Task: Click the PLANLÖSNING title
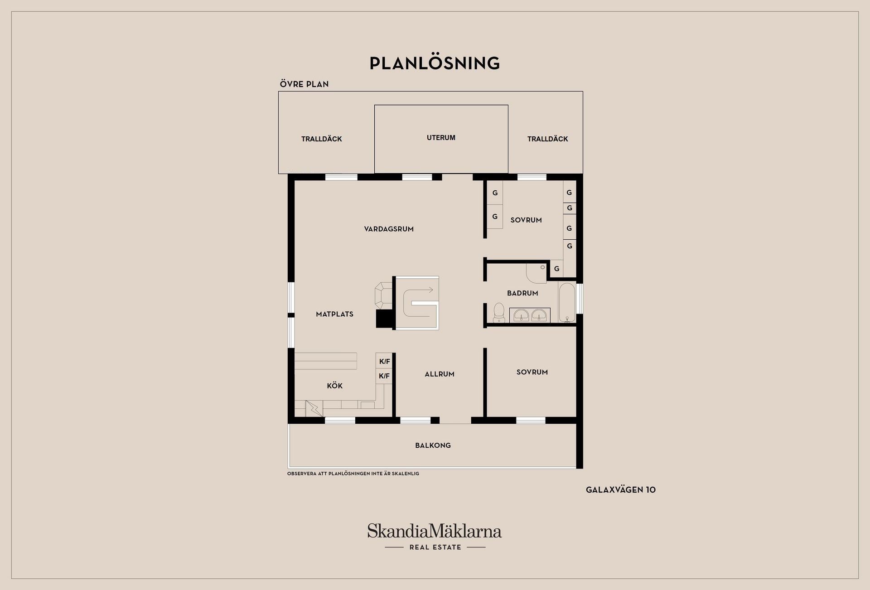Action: tap(435, 63)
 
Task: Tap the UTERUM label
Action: tap(441, 138)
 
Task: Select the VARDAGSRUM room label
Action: tap(389, 229)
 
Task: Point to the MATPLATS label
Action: tap(334, 314)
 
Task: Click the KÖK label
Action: tap(335, 386)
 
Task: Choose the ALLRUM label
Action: tap(440, 374)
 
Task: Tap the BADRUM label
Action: tap(522, 293)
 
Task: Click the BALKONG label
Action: tap(433, 445)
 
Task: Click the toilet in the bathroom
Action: tap(499, 313)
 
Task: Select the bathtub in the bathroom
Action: tap(567, 302)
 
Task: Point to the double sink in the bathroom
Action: tap(530, 315)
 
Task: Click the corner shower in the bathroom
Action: tap(536, 273)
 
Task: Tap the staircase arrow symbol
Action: tap(421, 302)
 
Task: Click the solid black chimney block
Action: tap(384, 319)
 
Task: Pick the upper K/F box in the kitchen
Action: tap(384, 361)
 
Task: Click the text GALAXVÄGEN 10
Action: tap(621, 490)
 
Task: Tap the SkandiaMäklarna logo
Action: tap(435, 537)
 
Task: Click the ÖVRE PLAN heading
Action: tap(304, 84)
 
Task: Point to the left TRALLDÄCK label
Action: tap(321, 139)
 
